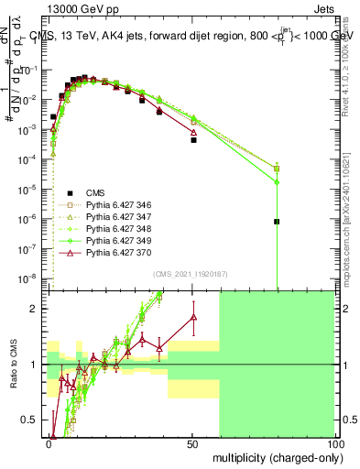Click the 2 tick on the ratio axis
(x=38, y=309)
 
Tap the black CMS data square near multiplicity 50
(x=193, y=140)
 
